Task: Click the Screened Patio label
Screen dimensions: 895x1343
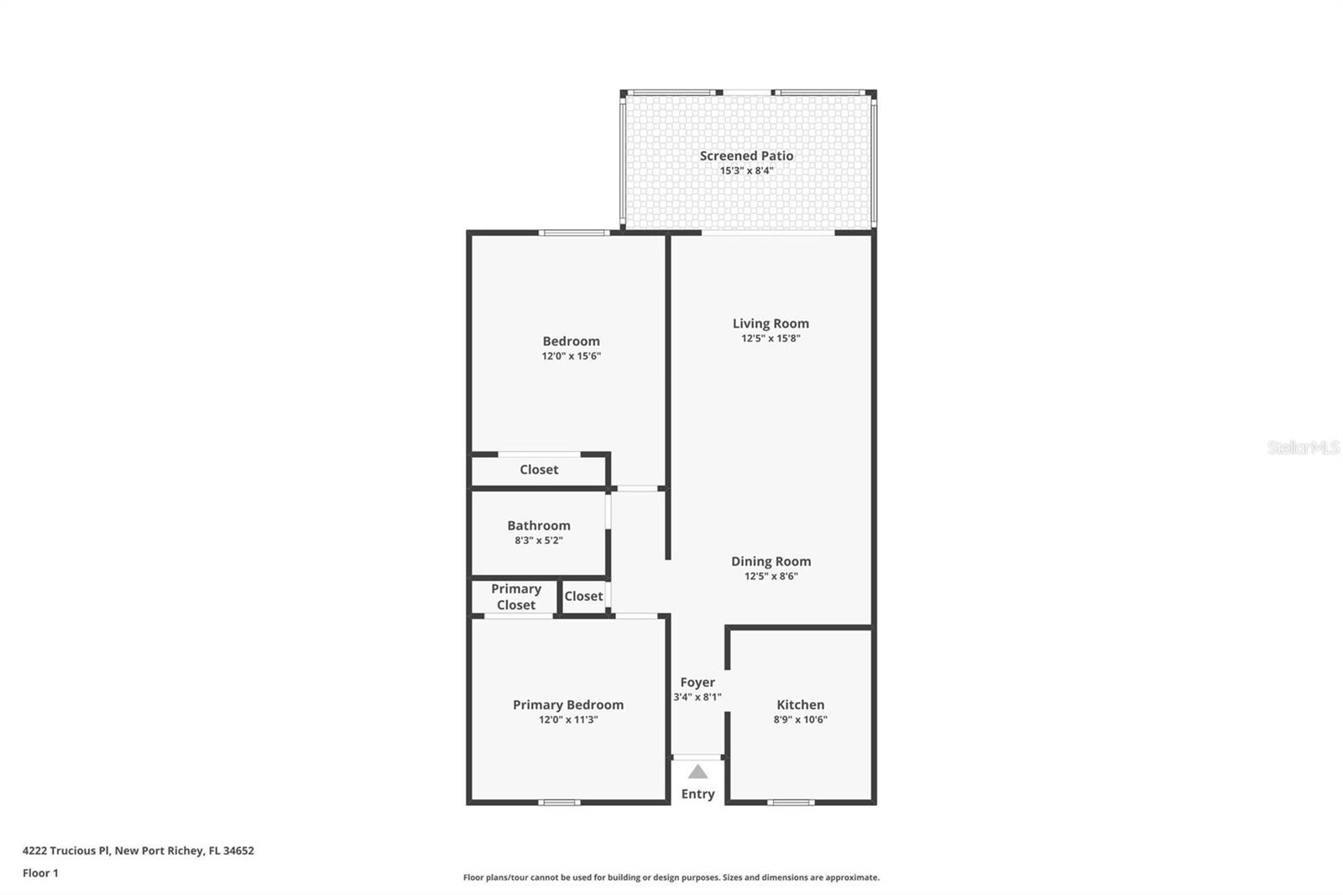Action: pyautogui.click(x=746, y=155)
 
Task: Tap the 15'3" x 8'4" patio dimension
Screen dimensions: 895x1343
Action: pyautogui.click(x=746, y=170)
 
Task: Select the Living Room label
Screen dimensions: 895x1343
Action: pyautogui.click(x=771, y=323)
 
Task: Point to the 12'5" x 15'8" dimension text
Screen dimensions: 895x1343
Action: pyautogui.click(x=771, y=338)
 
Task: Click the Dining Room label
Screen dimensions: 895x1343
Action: pyautogui.click(x=771, y=561)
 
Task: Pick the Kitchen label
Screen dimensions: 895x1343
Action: pyautogui.click(x=800, y=704)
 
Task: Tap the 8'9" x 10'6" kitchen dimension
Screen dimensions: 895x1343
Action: pyautogui.click(x=800, y=720)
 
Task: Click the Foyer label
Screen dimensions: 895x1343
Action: pyautogui.click(x=698, y=683)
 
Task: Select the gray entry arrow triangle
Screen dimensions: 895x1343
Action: pyautogui.click(x=698, y=772)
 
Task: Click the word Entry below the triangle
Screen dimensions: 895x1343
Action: pyautogui.click(x=698, y=793)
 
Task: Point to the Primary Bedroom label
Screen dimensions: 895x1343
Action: pyautogui.click(x=568, y=704)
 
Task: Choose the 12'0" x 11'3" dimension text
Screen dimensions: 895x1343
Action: pyautogui.click(x=568, y=720)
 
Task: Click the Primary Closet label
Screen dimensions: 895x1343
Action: pyautogui.click(x=515, y=597)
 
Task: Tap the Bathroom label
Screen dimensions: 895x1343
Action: pyautogui.click(x=538, y=526)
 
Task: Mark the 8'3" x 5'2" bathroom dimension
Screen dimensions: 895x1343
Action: pyautogui.click(x=538, y=541)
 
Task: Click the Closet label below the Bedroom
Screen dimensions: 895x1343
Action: pyautogui.click(x=538, y=469)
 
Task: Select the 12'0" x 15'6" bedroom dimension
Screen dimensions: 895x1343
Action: pyautogui.click(x=571, y=356)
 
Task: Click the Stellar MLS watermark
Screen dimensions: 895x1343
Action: pyautogui.click(x=1303, y=447)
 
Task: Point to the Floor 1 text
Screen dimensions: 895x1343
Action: pyautogui.click(x=40, y=873)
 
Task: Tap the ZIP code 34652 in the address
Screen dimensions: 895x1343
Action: pyautogui.click(x=238, y=851)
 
